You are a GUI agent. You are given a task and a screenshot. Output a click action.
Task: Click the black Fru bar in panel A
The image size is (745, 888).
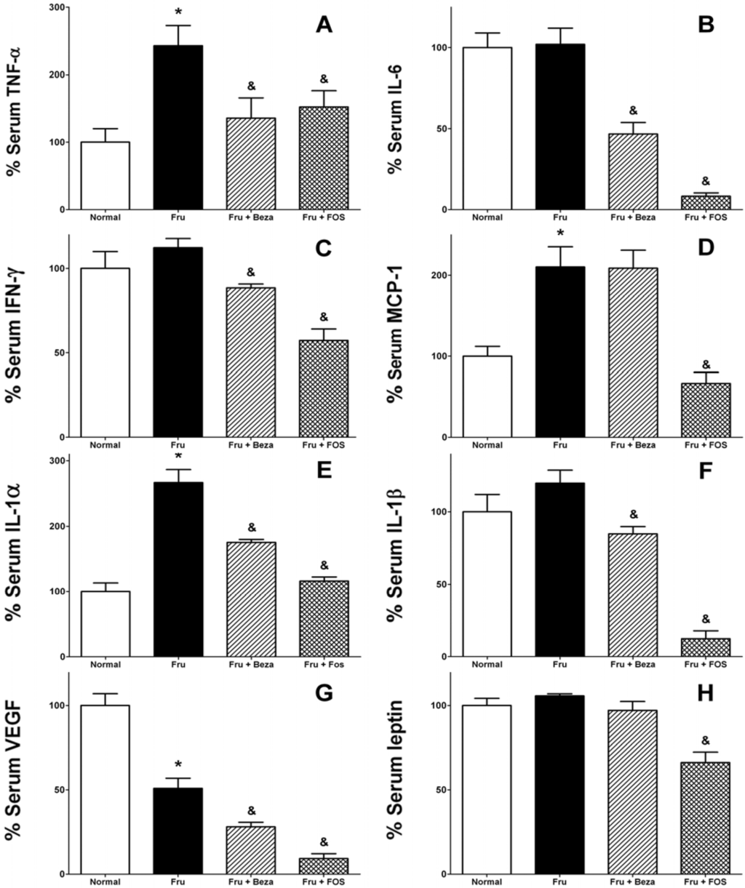tap(178, 128)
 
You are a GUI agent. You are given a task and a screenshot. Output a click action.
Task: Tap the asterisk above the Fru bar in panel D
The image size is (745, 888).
tap(559, 233)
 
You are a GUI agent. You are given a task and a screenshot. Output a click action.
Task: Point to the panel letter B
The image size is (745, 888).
tap(705, 27)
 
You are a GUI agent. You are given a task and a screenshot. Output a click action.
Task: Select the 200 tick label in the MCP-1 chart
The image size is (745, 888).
tap(436, 276)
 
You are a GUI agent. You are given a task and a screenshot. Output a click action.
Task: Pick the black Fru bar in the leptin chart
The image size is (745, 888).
tap(559, 785)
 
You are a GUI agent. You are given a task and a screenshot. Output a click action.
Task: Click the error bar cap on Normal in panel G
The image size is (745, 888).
tap(105, 694)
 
